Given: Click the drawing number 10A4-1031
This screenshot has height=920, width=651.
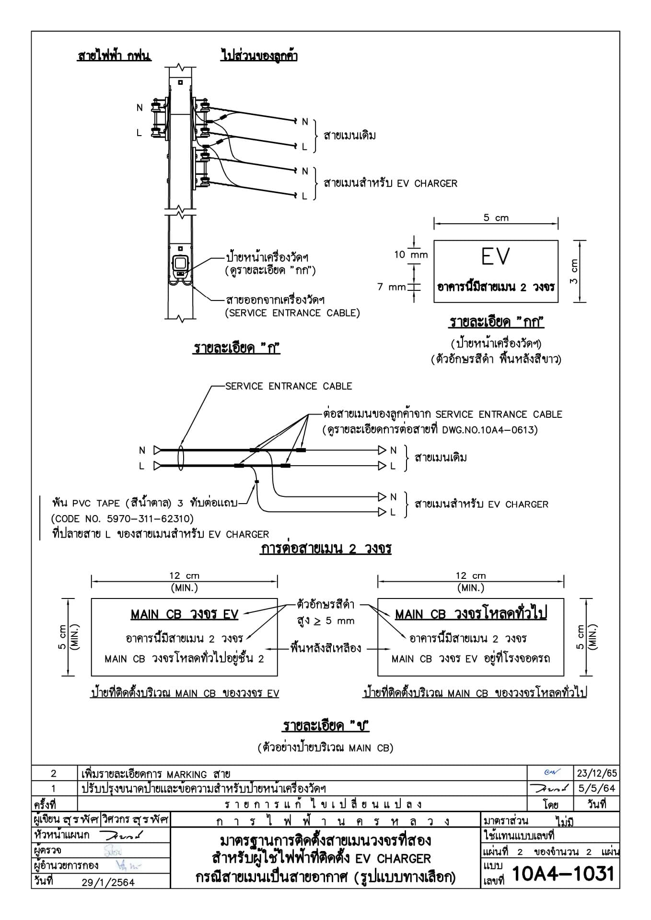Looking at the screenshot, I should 563,874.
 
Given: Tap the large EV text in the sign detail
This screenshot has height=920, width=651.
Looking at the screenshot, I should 495,257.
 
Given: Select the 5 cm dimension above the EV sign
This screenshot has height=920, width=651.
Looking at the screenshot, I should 496,218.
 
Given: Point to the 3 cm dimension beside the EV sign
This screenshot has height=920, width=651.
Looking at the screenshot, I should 574,271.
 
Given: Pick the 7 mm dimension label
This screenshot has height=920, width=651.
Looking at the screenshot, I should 391,287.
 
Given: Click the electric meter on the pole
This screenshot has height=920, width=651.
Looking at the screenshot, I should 180,265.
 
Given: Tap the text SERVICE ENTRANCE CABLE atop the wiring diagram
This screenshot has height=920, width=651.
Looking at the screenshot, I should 289,386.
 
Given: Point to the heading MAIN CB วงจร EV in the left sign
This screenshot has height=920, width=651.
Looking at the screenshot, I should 185,615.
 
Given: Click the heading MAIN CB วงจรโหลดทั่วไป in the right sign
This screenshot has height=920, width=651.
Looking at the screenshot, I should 471,614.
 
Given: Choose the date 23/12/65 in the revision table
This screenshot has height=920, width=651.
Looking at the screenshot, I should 597,773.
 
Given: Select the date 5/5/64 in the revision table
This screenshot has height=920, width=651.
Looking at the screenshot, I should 597,788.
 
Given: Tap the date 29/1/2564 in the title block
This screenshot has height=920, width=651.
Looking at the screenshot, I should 108,882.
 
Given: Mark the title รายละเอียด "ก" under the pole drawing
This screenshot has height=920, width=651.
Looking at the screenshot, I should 236,348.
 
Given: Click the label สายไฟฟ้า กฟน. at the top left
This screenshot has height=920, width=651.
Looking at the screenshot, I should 114,56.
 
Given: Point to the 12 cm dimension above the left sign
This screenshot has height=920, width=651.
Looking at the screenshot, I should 184,576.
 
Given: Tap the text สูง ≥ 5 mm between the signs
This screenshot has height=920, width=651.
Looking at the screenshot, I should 326,621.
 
